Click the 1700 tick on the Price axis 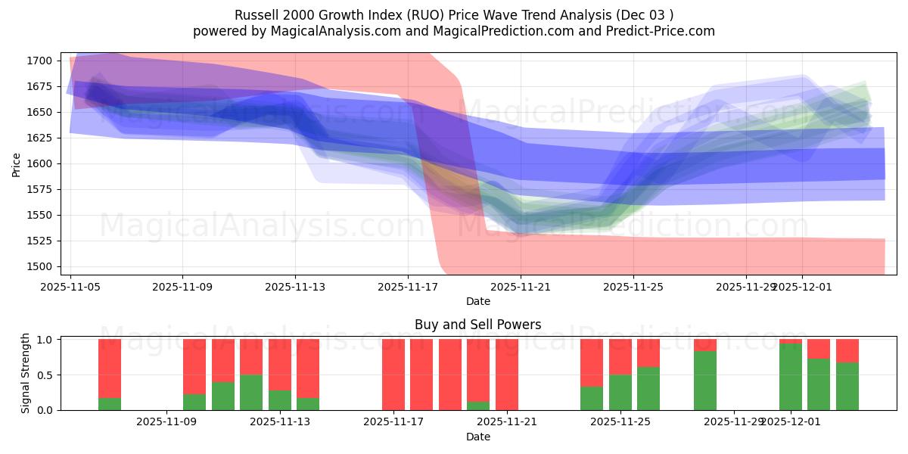coord(39,61)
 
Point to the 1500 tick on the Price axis coord(39,266)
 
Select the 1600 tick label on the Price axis coord(39,163)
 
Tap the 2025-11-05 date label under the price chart coord(70,287)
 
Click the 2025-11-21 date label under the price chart coord(521,287)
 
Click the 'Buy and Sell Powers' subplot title coord(477,325)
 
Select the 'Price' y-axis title coord(17,163)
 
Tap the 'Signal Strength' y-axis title coord(25,374)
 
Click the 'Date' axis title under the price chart coord(477,301)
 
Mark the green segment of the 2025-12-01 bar coord(791,377)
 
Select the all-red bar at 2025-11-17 coord(393,375)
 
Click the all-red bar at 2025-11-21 coord(507,375)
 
